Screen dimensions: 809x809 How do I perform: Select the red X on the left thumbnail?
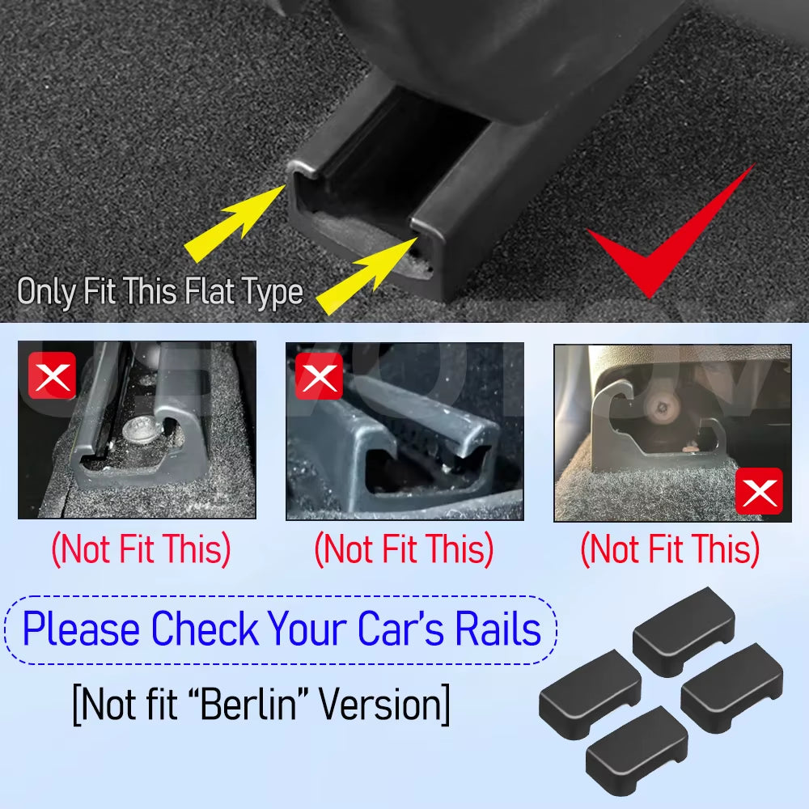(52, 375)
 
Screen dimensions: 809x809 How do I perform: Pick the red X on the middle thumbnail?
(318, 375)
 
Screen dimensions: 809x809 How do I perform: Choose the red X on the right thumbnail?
(758, 491)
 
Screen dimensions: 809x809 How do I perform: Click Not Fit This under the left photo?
(141, 550)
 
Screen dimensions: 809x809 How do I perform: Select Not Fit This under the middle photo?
(404, 550)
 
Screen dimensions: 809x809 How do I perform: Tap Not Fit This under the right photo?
(670, 550)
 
